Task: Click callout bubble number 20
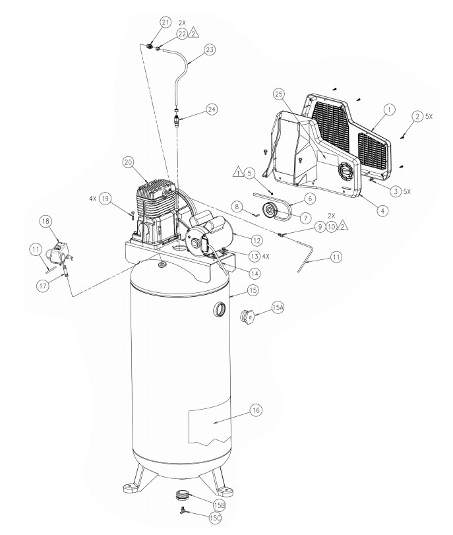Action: [128, 162]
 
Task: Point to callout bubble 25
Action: [279, 94]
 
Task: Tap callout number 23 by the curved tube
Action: [210, 50]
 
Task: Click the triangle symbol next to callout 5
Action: [238, 173]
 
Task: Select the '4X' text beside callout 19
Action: [93, 199]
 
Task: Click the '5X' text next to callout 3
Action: [408, 191]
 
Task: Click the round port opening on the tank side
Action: [219, 310]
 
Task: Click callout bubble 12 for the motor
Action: [257, 241]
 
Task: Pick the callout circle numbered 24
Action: [212, 110]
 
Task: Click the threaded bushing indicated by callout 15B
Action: [182, 495]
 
